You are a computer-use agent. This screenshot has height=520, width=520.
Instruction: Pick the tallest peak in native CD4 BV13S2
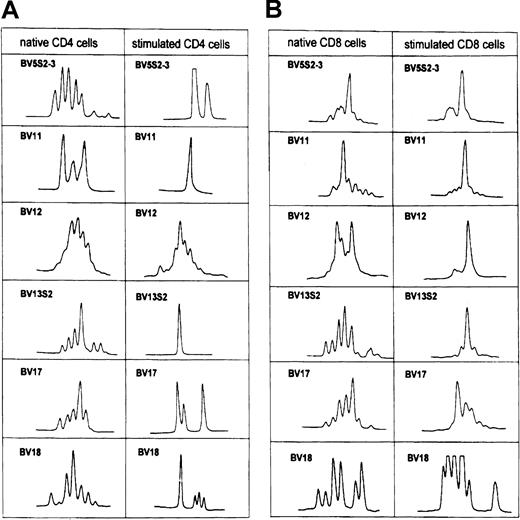point(81,330)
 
